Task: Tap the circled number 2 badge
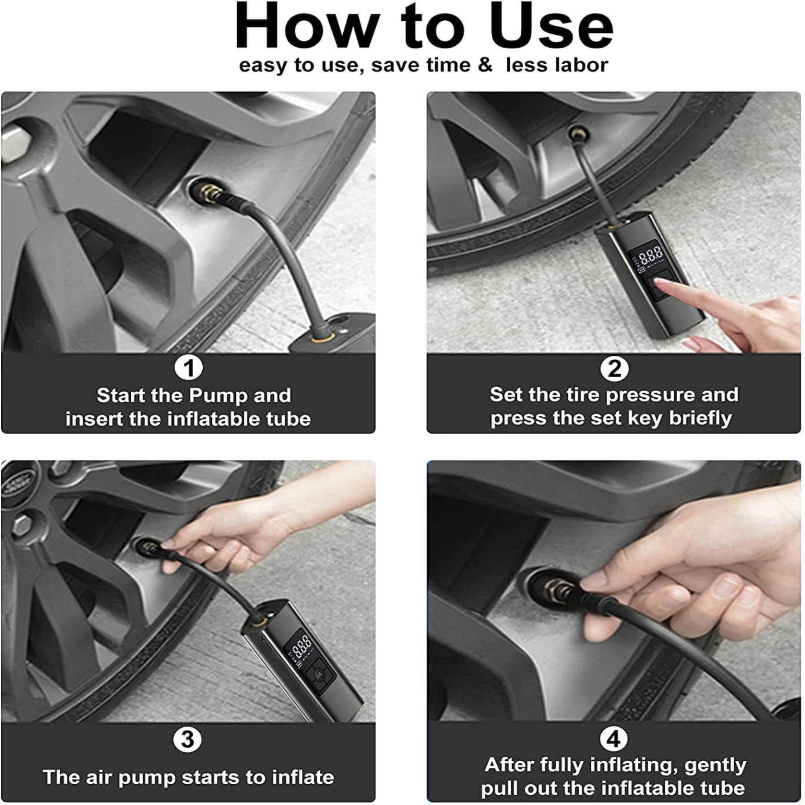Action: click(x=614, y=368)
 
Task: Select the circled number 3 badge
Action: click(x=187, y=739)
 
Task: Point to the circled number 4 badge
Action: click(x=614, y=739)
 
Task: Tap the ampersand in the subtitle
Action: click(x=484, y=65)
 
